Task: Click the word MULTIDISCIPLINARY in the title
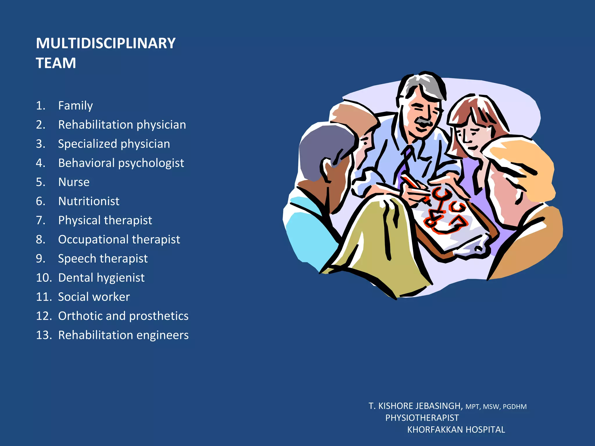(105, 43)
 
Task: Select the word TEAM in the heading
(56, 63)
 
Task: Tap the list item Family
(75, 105)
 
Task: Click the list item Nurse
(74, 182)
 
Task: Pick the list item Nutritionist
(89, 201)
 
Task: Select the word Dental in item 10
(76, 278)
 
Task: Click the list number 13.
(44, 335)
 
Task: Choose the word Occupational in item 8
(93, 240)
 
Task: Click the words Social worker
(94, 297)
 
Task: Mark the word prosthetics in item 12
(159, 316)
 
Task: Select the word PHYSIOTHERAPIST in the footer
(422, 418)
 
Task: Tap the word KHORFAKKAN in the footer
(432, 430)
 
